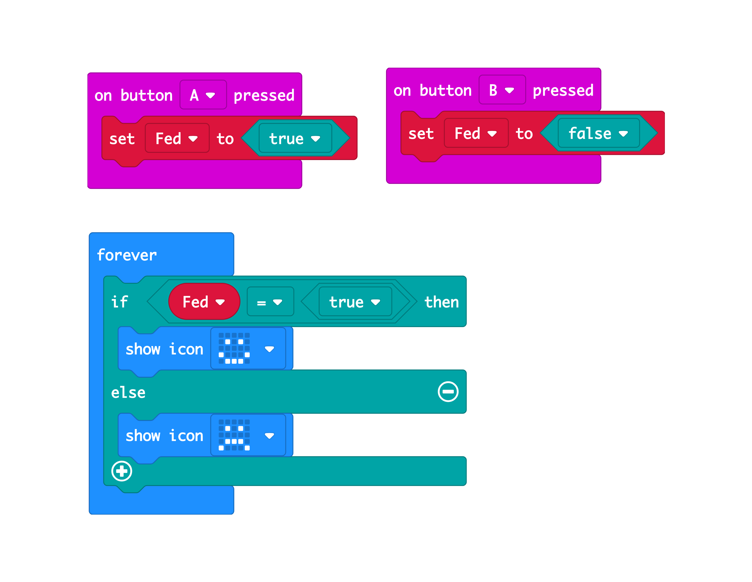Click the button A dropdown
203,95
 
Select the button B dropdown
502,90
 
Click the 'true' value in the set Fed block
295,139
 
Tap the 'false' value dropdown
598,134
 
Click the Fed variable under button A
177,139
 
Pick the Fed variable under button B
476,134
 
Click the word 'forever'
127,255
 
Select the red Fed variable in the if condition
204,302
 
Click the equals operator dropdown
270,302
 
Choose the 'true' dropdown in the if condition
355,302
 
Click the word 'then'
441,302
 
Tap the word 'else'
128,392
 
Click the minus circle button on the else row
448,392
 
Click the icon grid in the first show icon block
234,348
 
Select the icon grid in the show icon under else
234,435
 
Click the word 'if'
119,302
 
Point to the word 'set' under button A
122,139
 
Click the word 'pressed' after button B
563,90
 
